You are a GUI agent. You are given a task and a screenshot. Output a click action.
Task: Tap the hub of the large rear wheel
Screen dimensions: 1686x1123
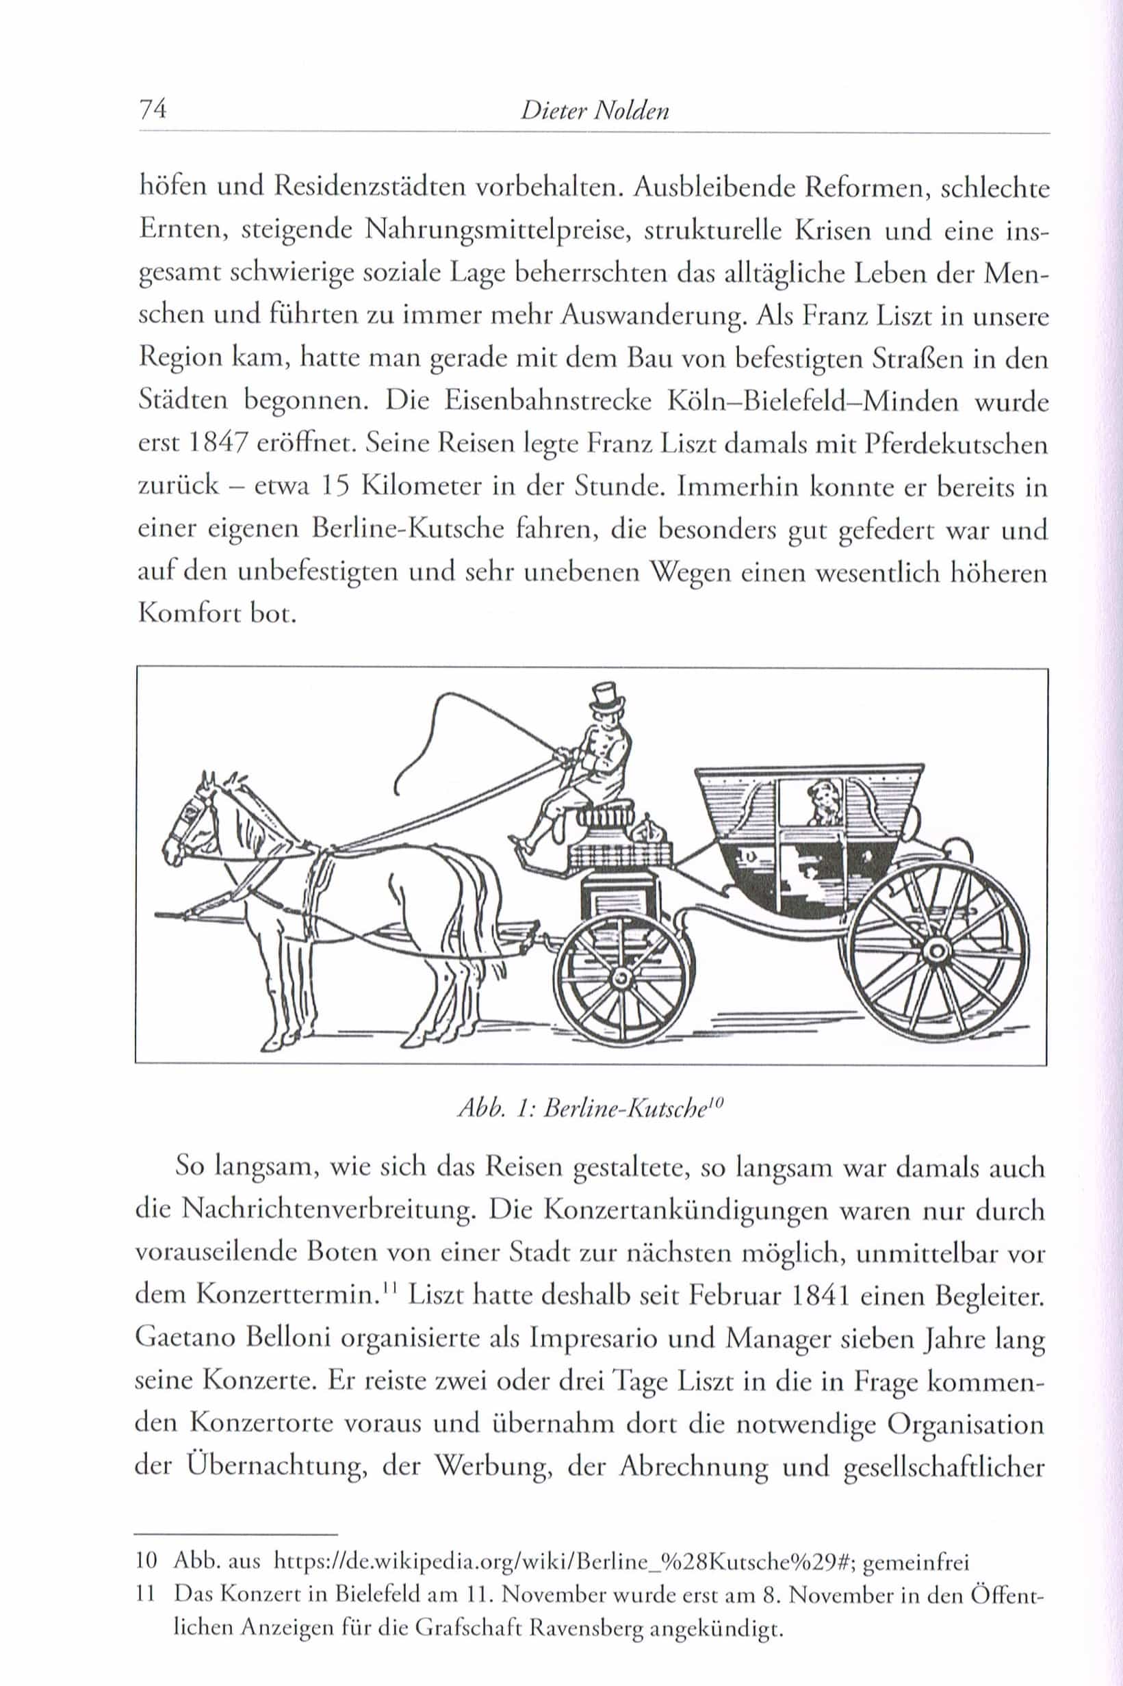pos(935,949)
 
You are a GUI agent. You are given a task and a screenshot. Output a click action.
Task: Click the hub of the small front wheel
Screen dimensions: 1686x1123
pos(619,975)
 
